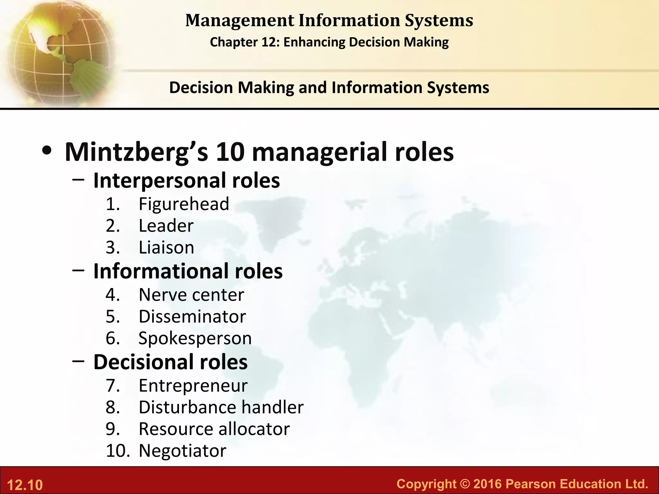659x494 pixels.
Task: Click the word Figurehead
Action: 184,204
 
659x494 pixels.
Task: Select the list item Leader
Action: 166,226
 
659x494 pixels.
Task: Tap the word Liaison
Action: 166,248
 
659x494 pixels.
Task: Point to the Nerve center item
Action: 191,295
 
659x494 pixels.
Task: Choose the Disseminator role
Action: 192,316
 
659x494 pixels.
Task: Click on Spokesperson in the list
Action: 195,338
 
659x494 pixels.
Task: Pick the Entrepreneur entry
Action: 193,385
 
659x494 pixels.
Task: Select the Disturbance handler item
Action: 221,407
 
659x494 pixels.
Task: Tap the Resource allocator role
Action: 214,429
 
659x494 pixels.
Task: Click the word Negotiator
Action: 182,451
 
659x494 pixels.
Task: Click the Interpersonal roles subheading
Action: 187,180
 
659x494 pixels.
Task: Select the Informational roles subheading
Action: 188,271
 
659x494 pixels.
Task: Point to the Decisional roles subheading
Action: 171,362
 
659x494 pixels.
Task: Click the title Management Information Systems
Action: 329,20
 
